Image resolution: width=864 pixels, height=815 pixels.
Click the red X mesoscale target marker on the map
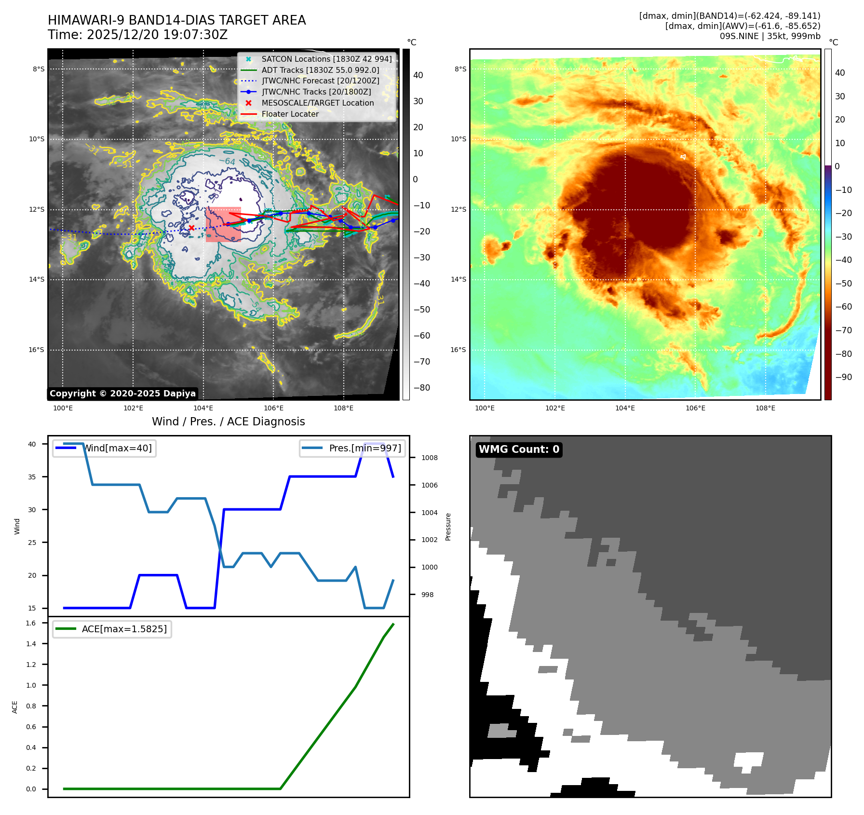tap(191, 228)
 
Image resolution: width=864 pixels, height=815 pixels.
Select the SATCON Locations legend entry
tap(326, 59)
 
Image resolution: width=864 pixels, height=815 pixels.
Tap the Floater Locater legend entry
tap(290, 114)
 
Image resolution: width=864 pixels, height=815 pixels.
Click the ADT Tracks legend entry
tap(320, 70)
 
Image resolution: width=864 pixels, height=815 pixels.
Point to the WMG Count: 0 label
tap(519, 449)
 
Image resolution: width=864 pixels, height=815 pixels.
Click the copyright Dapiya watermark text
tap(122, 394)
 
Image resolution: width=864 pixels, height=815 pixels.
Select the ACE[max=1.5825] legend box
tap(112, 629)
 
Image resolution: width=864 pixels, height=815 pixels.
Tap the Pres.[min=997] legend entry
tap(352, 448)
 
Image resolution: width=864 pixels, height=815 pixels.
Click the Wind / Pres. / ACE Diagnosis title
tap(228, 421)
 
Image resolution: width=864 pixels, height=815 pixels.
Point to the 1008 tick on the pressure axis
tap(429, 458)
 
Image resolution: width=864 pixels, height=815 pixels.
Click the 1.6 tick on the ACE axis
tap(31, 623)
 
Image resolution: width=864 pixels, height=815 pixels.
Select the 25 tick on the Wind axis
tap(32, 543)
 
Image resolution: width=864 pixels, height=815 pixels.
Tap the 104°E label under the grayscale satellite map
tap(203, 408)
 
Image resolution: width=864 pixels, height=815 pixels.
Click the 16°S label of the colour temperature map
tap(458, 350)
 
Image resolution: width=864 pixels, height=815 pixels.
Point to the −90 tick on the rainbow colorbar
tap(843, 377)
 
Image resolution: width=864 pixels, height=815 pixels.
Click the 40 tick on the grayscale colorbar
tap(418, 75)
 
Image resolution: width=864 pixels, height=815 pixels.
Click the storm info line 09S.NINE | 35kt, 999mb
tap(769, 36)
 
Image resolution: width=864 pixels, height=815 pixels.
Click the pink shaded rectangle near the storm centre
tap(223, 225)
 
